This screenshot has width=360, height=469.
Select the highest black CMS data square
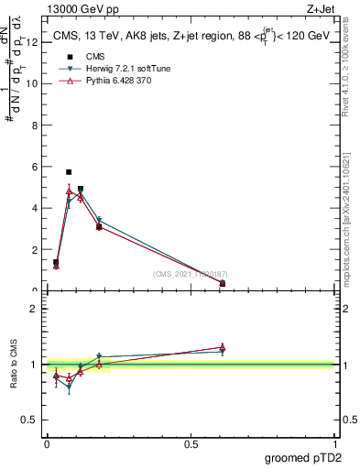pyautogui.click(x=69, y=171)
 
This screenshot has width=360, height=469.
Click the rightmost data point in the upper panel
pyautogui.click(x=223, y=283)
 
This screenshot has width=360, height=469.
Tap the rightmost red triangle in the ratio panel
pyautogui.click(x=223, y=347)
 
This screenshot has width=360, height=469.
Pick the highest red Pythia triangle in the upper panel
pyautogui.click(x=69, y=191)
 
